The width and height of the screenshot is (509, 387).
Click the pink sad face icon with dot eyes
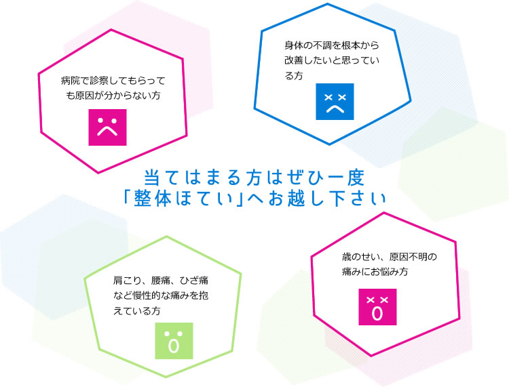[x=107, y=127]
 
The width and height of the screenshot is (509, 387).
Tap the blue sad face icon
[x=335, y=102]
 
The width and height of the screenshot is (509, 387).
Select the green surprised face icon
[x=174, y=341]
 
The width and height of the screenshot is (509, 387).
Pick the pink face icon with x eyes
[x=377, y=307]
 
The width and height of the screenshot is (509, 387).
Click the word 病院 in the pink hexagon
[x=70, y=81]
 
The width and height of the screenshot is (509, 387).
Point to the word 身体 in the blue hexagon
[x=294, y=45]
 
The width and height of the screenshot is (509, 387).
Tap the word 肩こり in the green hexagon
[x=127, y=280]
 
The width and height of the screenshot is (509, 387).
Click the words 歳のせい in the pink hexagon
[x=360, y=257]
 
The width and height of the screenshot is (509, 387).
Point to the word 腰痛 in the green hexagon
[x=160, y=280]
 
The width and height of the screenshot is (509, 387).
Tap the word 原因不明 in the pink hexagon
[x=408, y=257]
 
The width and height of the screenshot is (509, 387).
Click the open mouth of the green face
[x=174, y=346]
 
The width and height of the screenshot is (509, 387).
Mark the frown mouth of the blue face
[x=335, y=108]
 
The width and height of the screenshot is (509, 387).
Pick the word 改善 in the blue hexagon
[x=294, y=60]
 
